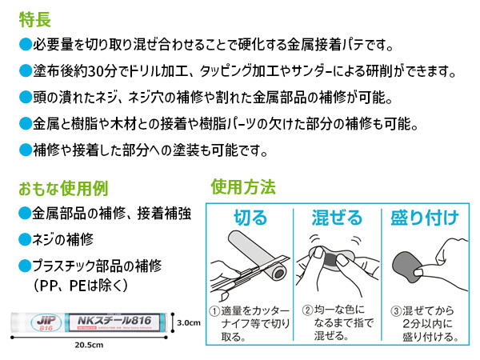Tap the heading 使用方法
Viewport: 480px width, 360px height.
point(243,188)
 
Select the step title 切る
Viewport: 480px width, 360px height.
point(250,218)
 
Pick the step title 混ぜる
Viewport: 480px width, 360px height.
point(339,218)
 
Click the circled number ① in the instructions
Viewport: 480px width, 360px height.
point(214,311)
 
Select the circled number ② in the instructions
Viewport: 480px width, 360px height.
point(306,311)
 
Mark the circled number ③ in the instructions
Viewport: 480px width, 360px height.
point(395,311)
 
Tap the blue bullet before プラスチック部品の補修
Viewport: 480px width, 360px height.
point(24,265)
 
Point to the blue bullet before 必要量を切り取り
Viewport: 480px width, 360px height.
point(24,45)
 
